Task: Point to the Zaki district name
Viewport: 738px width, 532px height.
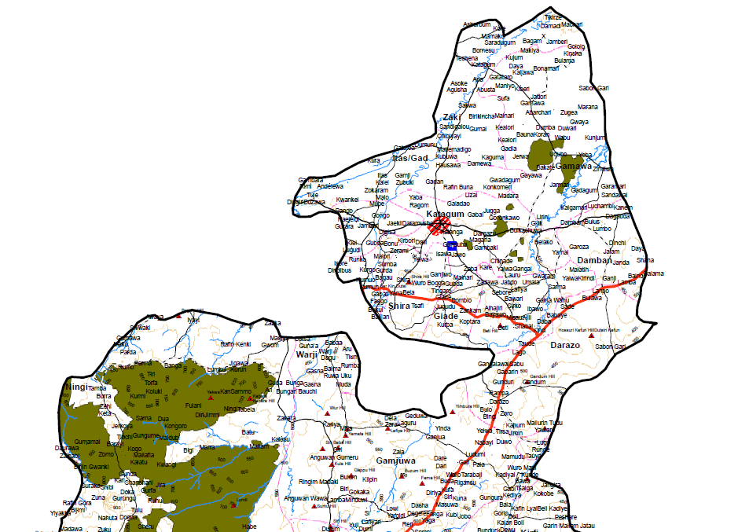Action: tap(451, 117)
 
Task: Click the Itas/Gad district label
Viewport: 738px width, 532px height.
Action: tap(410, 158)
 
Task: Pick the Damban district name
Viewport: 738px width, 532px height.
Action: tap(593, 259)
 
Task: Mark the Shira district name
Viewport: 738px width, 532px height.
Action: tap(400, 306)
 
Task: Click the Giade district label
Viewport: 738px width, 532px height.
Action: tap(446, 316)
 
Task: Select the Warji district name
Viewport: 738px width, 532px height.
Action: tap(306, 354)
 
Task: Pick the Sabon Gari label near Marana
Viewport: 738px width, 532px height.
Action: tap(594, 87)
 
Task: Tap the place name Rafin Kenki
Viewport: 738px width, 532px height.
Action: tap(235, 344)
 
